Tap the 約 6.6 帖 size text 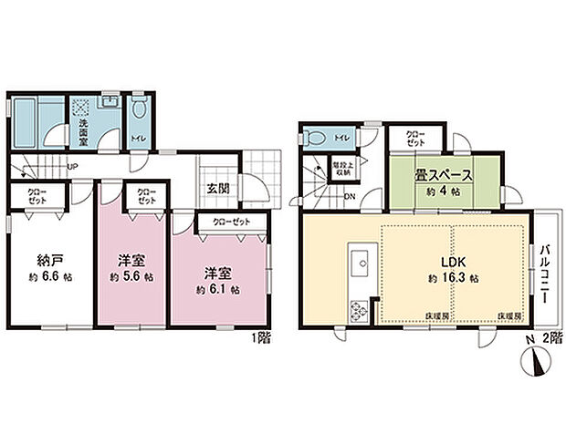point(47,276)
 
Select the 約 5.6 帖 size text point(130,276)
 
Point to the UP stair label point(70,166)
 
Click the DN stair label point(350,197)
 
